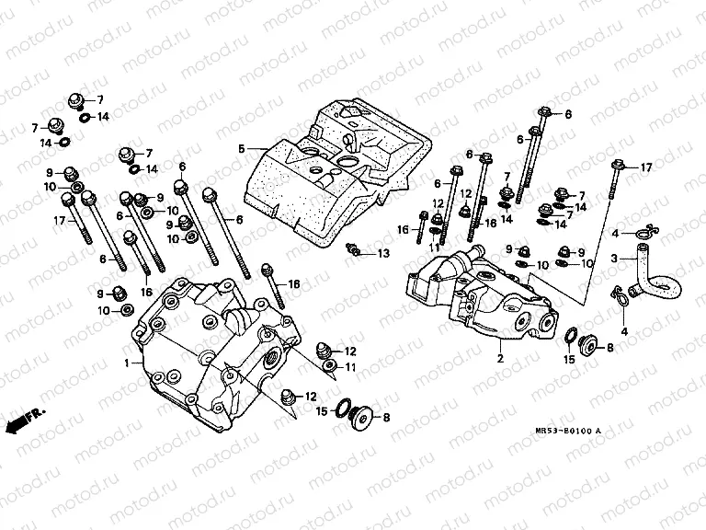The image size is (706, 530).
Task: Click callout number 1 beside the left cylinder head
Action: pos(127,364)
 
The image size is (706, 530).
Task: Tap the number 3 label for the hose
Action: pos(615,259)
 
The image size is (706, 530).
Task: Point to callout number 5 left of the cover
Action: pos(241,148)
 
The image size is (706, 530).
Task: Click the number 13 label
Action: pos(383,253)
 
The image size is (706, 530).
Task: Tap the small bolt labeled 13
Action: pos(352,249)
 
